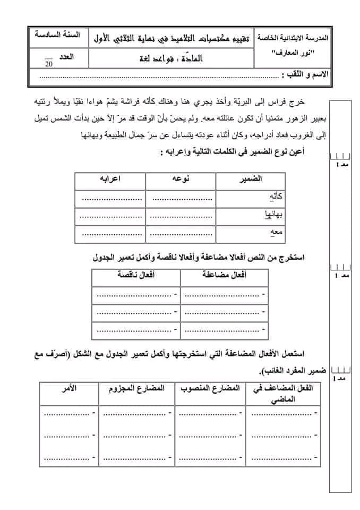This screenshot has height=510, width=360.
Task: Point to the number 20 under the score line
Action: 49,64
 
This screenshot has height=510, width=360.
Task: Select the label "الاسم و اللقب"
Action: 306,75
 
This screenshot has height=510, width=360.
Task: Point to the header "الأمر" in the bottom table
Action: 69,389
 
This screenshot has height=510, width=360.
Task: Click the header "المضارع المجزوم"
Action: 138,389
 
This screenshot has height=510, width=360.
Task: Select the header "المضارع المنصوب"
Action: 211,389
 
